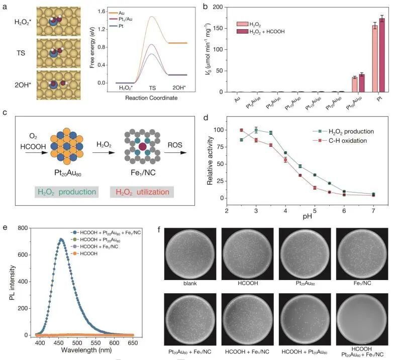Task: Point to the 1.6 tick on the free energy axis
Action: point(107,12)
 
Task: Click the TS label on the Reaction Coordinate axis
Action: point(151,87)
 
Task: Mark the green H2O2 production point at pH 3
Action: point(256,130)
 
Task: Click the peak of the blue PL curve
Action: point(61,239)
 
